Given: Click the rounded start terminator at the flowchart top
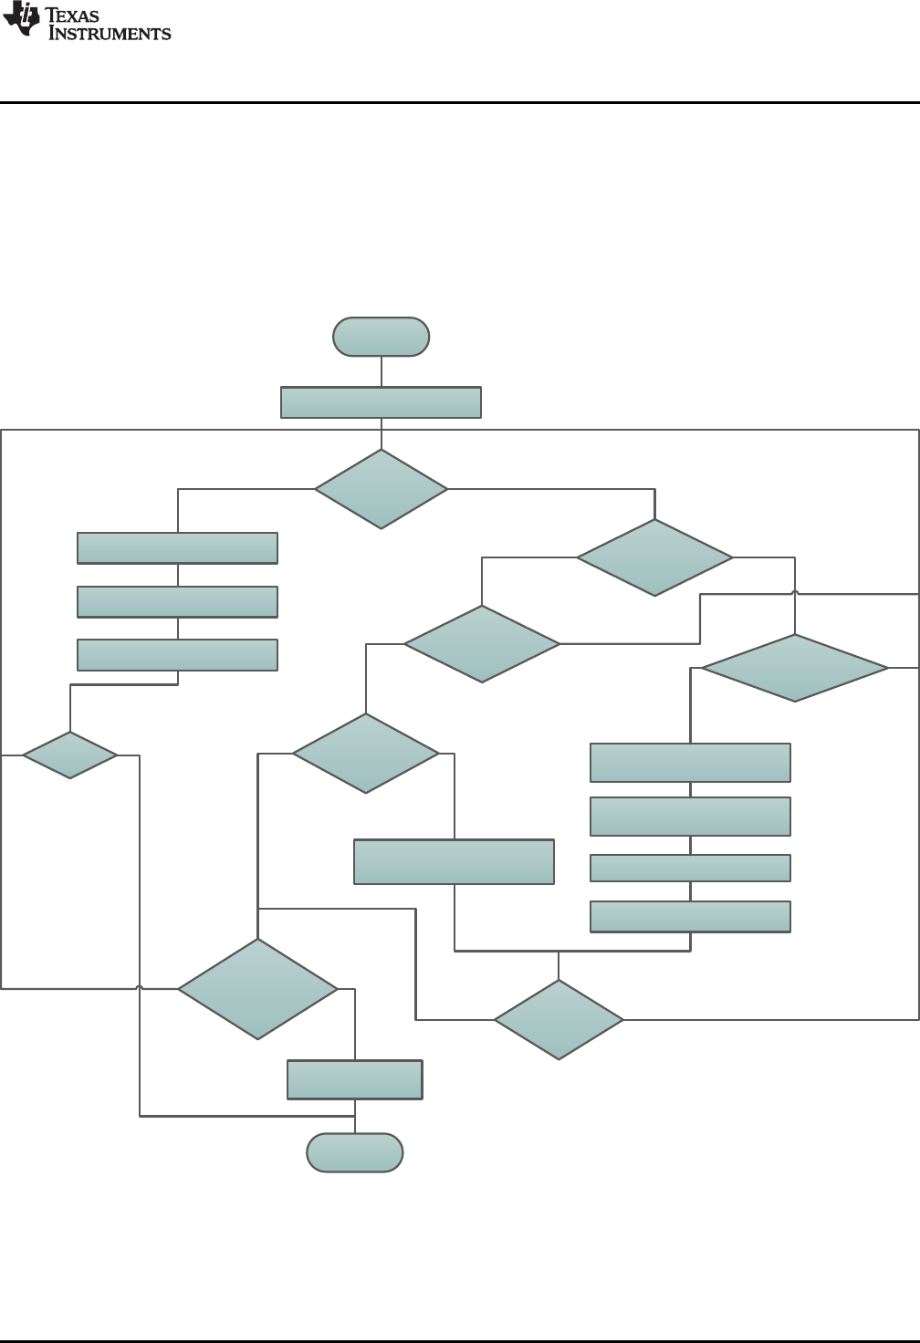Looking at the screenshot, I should point(381,337).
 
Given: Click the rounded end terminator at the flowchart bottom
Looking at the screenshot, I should point(354,1152).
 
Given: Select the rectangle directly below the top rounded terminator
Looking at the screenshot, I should point(381,402).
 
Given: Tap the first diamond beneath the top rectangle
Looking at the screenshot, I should point(381,489).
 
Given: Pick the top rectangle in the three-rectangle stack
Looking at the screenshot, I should point(177,548).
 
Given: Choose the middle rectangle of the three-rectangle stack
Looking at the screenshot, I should point(177,602).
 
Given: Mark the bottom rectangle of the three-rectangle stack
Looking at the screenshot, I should point(177,655).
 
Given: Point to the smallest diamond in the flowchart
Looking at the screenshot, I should point(69,755).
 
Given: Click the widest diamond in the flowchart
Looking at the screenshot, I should point(794,668).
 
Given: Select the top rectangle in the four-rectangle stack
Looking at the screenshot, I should point(690,763).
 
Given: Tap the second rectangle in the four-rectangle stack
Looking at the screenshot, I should point(690,817).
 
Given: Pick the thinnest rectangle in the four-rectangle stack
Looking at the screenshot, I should point(690,868).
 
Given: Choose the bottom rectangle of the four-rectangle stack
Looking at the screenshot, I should point(690,916).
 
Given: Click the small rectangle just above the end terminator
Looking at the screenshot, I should point(354,1079).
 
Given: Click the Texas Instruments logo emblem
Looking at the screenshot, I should point(20,19).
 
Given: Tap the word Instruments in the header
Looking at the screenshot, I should point(110,34).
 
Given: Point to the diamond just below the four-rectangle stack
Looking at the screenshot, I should point(559,1019).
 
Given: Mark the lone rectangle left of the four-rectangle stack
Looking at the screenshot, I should point(454,861).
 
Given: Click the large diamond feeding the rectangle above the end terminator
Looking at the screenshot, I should point(257,989).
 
